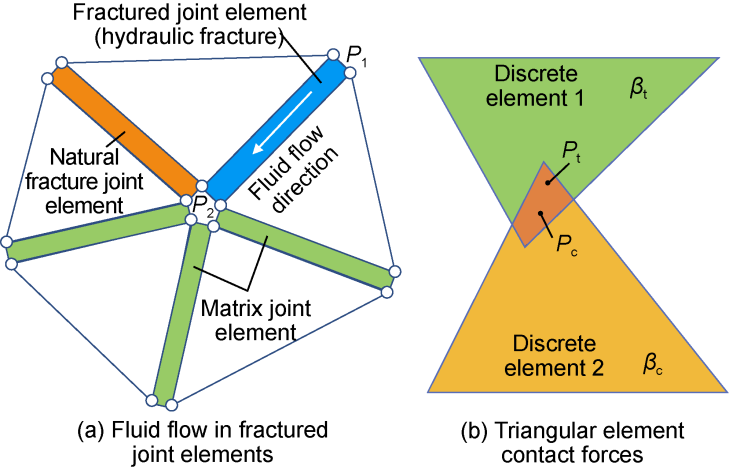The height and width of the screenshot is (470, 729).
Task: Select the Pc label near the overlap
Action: (x=566, y=240)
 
